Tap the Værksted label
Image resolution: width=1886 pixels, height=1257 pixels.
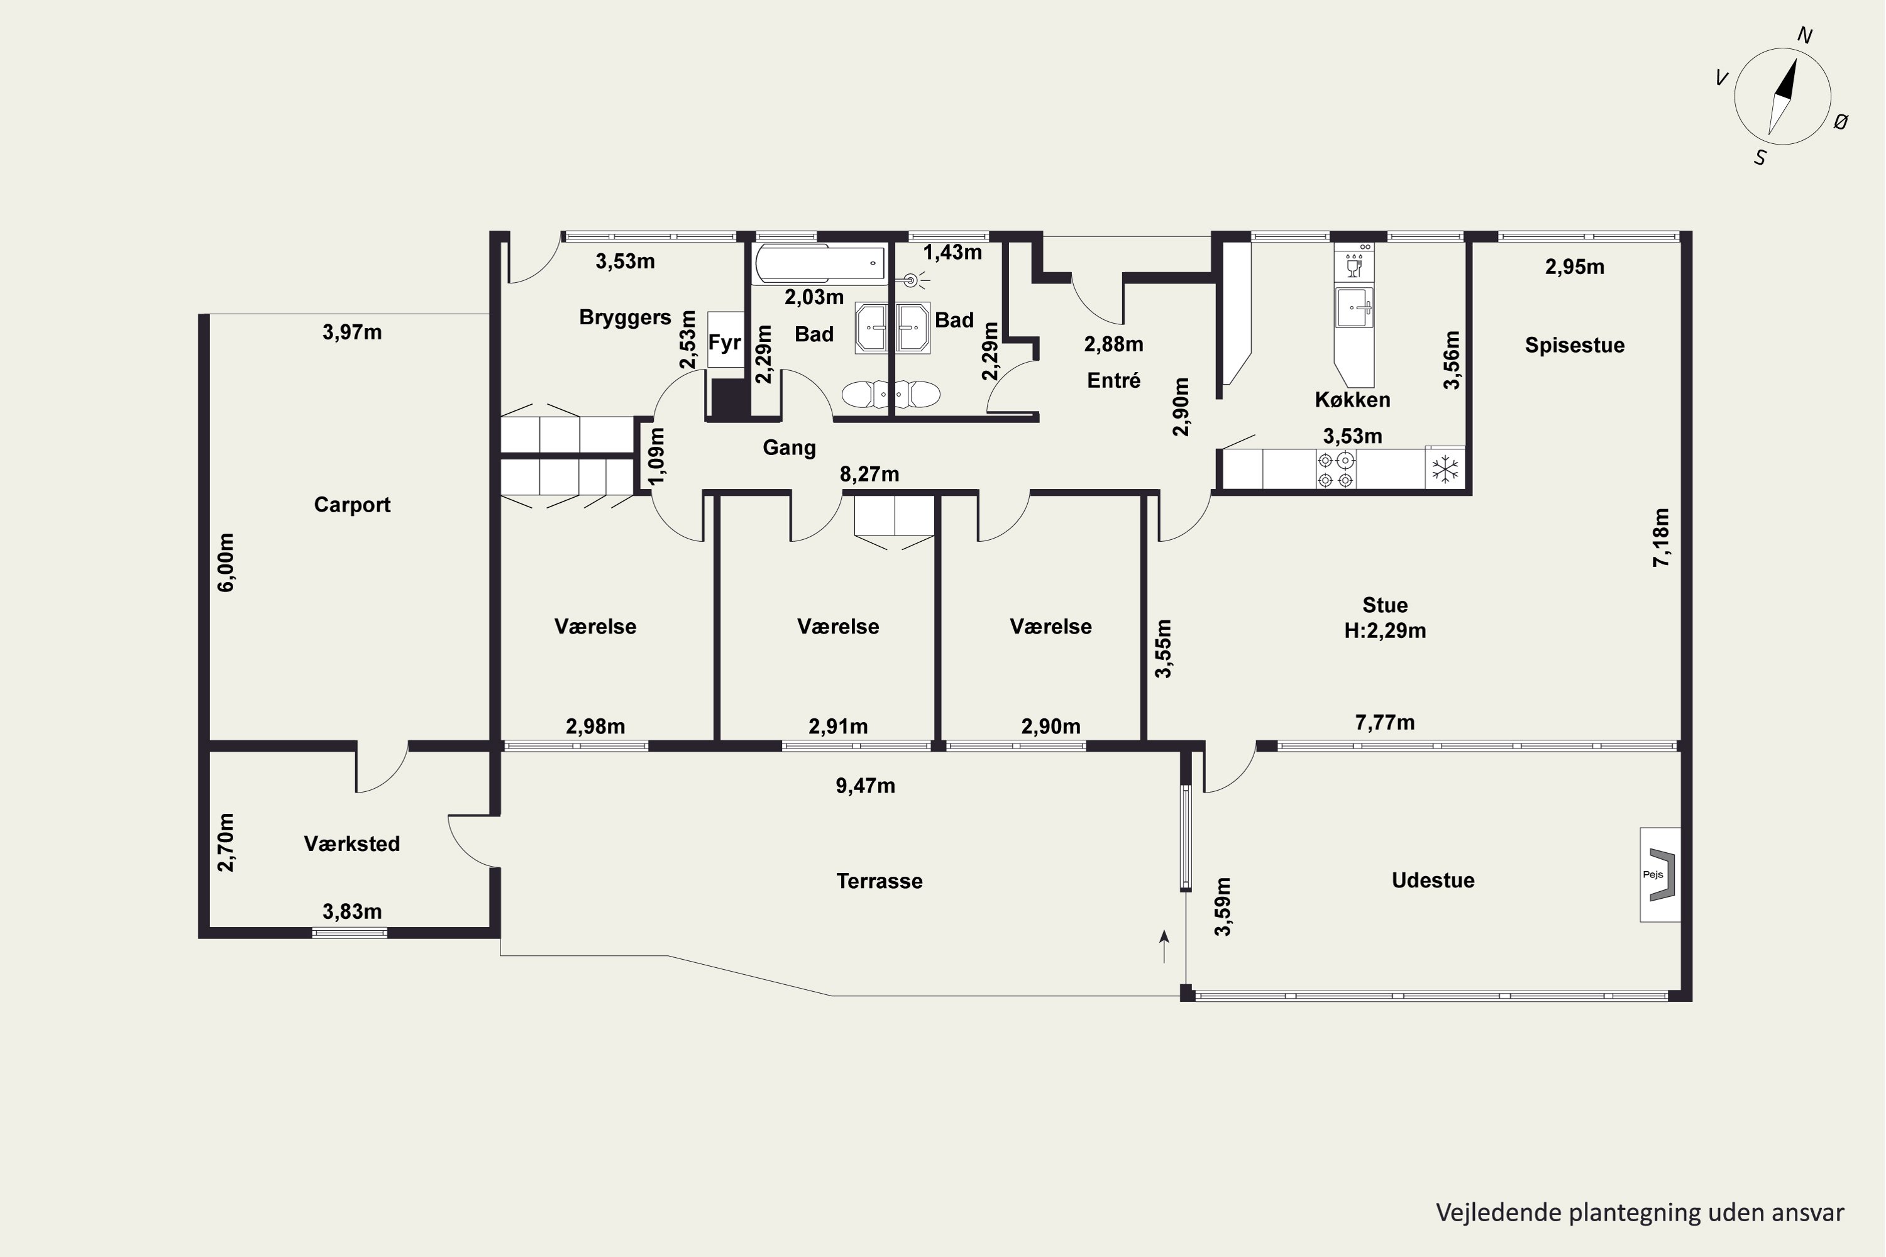pyautogui.click(x=351, y=843)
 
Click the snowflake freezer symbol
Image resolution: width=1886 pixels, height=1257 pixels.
pyautogui.click(x=1445, y=469)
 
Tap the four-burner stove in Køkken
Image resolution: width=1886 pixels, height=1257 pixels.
pyautogui.click(x=1336, y=469)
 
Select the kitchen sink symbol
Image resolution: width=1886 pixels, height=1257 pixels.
pyautogui.click(x=1354, y=307)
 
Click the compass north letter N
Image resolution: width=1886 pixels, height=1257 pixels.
pyautogui.click(x=1805, y=35)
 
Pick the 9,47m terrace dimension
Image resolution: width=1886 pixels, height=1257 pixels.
pyautogui.click(x=865, y=786)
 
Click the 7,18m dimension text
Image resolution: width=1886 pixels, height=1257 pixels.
pyautogui.click(x=1661, y=537)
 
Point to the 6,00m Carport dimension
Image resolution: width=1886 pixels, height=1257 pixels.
pyautogui.click(x=227, y=562)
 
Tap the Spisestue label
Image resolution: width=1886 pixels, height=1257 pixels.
pyautogui.click(x=1575, y=346)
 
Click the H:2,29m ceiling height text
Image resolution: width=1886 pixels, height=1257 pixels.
pyautogui.click(x=1385, y=631)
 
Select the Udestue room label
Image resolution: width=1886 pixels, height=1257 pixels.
pyautogui.click(x=1433, y=881)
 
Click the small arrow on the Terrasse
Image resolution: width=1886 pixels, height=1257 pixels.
pyautogui.click(x=1164, y=946)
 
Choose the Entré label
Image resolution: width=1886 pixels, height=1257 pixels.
pyautogui.click(x=1114, y=380)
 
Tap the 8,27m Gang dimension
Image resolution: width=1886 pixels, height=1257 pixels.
pyautogui.click(x=869, y=475)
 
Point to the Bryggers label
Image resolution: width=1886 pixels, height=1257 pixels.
pyautogui.click(x=625, y=318)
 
